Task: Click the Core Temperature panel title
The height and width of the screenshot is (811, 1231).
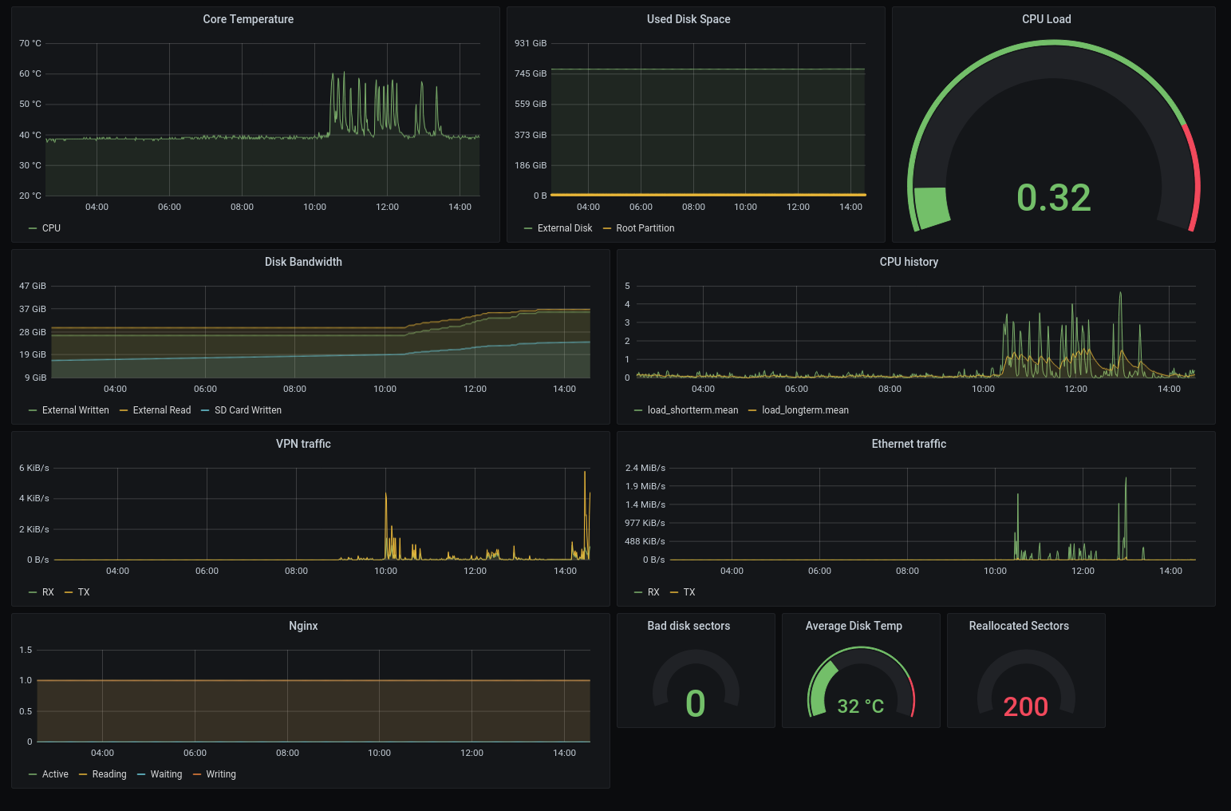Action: (x=248, y=19)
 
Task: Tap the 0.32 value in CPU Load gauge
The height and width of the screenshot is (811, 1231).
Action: (x=1053, y=198)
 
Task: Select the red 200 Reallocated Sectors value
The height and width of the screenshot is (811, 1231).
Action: (x=1025, y=706)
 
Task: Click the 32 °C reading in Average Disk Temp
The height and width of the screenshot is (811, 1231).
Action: (x=860, y=706)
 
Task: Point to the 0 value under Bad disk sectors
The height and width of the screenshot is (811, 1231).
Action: (x=695, y=704)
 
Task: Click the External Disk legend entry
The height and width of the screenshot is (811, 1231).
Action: (x=564, y=228)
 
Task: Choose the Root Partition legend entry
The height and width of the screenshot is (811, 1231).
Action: (x=645, y=228)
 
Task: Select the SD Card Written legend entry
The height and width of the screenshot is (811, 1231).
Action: (x=247, y=410)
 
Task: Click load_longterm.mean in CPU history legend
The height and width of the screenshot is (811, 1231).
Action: (x=804, y=410)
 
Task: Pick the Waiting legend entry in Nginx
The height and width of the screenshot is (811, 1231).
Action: (x=166, y=774)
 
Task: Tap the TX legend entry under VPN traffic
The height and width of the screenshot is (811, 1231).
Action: (x=83, y=592)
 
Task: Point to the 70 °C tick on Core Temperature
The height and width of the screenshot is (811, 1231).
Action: (x=30, y=43)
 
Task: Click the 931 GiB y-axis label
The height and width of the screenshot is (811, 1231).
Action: (x=531, y=43)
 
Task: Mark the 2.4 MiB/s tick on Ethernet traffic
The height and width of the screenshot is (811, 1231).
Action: (x=645, y=468)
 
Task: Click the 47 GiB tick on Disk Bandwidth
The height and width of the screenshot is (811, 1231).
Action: (x=33, y=286)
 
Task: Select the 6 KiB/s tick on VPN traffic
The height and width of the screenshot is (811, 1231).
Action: (x=34, y=468)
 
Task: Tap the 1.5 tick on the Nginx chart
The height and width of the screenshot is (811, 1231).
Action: (x=26, y=650)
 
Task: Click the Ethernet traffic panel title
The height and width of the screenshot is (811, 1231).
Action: (x=909, y=444)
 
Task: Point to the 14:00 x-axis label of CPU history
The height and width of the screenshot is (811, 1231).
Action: (x=1169, y=389)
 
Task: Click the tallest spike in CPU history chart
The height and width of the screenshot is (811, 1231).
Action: (x=1120, y=294)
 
